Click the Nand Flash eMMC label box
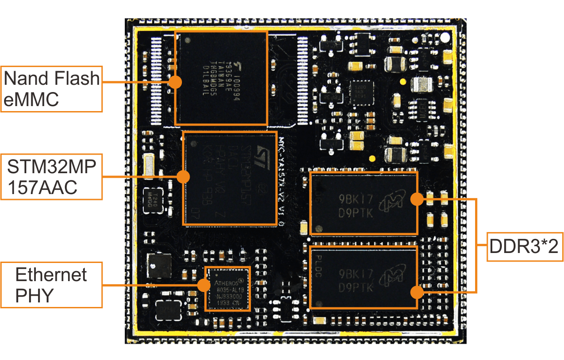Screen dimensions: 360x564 [x=51, y=89]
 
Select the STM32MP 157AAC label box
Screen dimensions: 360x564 [x=51, y=177]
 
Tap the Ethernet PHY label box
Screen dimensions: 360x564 [x=51, y=285]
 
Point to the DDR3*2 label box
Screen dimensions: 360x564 [x=525, y=247]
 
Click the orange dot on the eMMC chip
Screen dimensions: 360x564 [x=175, y=82]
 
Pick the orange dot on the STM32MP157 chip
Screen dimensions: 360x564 [x=183, y=177]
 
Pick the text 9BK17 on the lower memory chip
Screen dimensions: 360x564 [x=355, y=274]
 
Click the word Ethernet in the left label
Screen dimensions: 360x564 [x=51, y=275]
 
